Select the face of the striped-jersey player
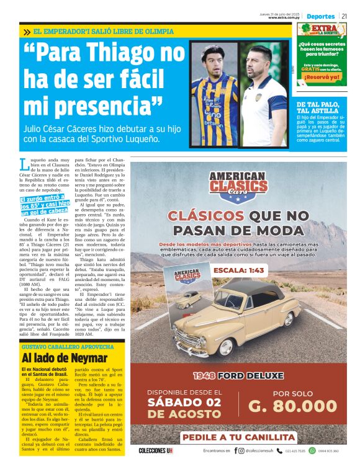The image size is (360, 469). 214,60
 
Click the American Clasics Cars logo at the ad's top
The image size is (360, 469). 233,185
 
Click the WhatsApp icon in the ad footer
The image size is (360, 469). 312,451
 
